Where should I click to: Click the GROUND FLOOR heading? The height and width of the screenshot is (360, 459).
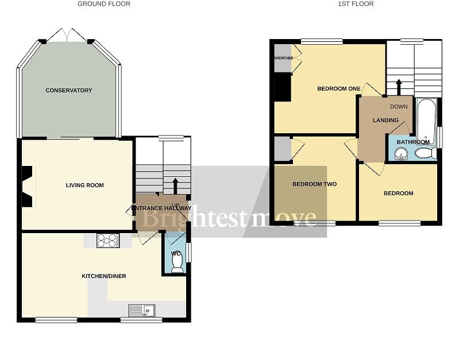point(104,4)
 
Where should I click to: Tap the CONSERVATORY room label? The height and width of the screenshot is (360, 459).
point(69,91)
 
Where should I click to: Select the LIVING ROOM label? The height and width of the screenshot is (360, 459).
point(84,185)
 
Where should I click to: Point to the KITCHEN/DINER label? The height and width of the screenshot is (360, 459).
point(103,276)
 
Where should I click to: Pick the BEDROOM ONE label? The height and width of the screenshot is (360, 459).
point(338,88)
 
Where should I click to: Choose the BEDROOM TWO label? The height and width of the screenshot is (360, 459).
point(314,184)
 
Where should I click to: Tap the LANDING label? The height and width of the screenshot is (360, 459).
point(385,120)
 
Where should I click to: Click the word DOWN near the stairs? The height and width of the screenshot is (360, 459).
point(399,107)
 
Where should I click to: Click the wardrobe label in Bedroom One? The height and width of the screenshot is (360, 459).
point(282,58)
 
